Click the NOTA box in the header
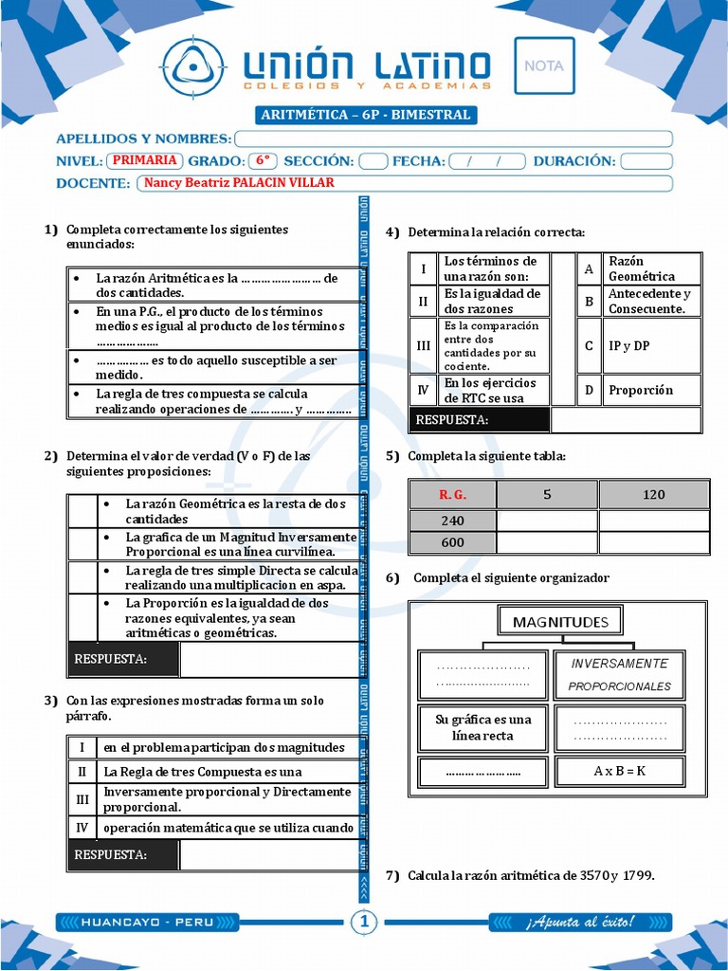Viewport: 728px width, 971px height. (544, 65)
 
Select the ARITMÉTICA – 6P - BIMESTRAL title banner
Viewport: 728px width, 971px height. (365, 115)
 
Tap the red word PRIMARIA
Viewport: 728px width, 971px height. (145, 160)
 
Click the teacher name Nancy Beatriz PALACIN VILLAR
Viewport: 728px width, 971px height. (239, 183)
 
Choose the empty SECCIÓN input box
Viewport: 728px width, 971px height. (373, 161)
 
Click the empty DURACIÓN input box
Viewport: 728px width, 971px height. (646, 161)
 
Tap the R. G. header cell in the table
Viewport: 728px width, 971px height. (452, 494)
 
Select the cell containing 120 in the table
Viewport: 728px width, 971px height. (653, 494)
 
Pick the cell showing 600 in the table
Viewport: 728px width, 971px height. (452, 542)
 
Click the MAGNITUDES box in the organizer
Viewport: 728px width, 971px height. (560, 622)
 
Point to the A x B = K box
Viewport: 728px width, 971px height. (619, 771)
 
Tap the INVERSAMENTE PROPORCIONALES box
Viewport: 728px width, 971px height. (620, 674)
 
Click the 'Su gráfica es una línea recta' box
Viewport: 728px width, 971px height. (482, 727)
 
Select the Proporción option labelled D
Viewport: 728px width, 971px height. (641, 390)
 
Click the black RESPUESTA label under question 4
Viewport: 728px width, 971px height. (479, 420)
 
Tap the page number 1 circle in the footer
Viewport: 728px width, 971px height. (365, 922)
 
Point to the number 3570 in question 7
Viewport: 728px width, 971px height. (595, 875)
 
